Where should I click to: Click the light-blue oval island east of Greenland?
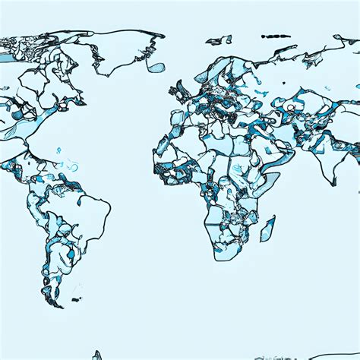tap(156, 67)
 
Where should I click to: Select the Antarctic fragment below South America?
tap(96, 355)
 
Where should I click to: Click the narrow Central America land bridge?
tap(34, 171)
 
